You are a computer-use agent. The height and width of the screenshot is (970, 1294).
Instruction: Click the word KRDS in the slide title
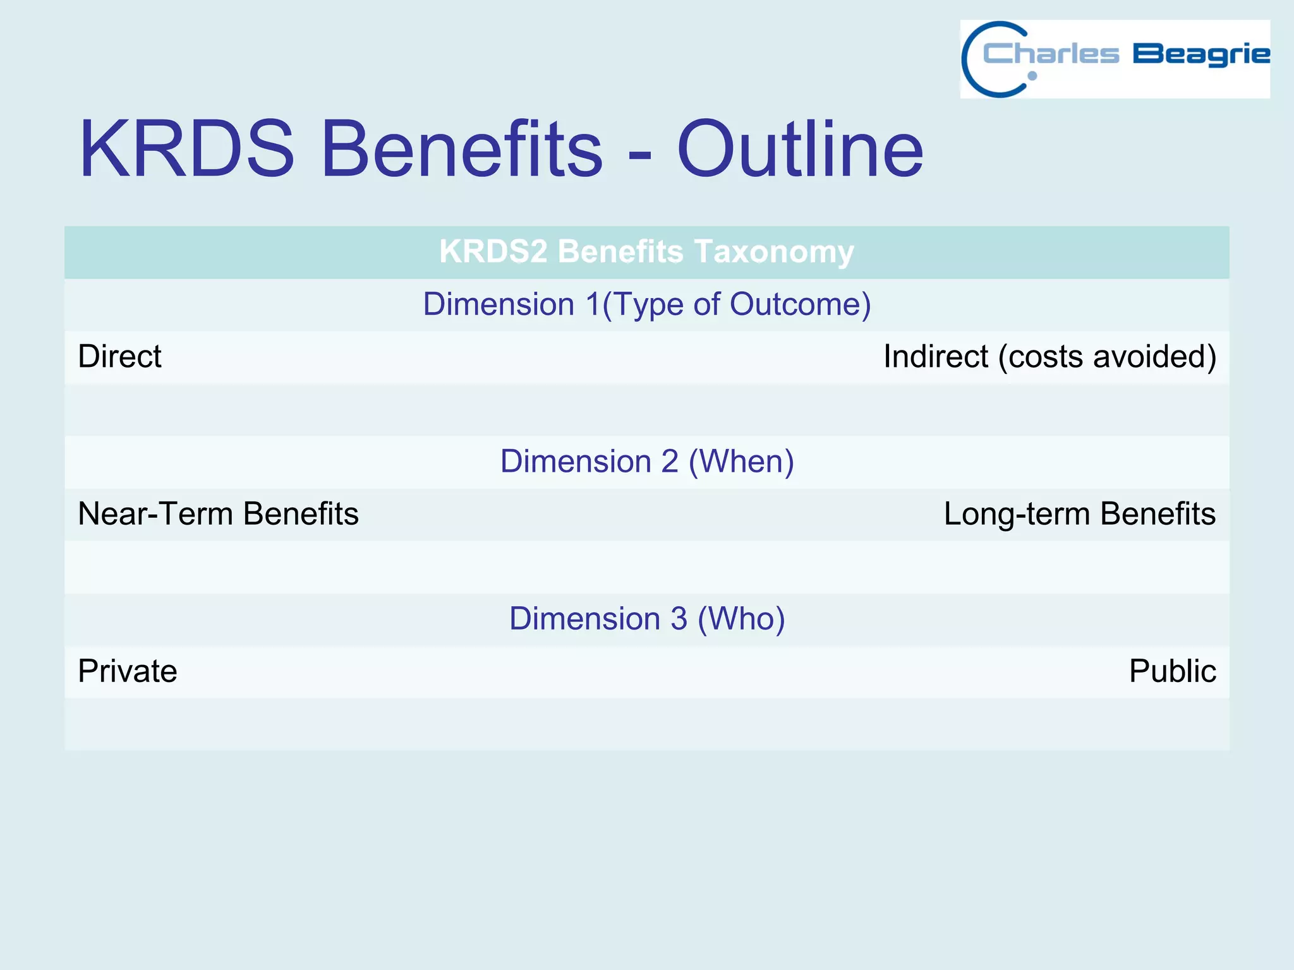(x=186, y=150)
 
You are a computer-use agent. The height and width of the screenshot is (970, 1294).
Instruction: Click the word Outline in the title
(x=800, y=150)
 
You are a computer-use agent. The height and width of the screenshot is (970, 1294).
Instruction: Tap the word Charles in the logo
(x=1051, y=54)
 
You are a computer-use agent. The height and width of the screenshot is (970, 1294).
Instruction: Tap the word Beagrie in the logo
(x=1200, y=55)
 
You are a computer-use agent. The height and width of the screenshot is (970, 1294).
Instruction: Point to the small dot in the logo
(x=1032, y=76)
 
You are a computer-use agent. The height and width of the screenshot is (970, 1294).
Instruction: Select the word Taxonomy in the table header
(x=774, y=251)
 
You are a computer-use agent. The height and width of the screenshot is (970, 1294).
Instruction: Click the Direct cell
(x=119, y=356)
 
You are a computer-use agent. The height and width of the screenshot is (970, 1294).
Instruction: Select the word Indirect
(x=935, y=356)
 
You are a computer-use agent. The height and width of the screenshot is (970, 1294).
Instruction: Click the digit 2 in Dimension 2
(x=669, y=461)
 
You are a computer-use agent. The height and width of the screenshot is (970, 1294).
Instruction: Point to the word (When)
(x=741, y=462)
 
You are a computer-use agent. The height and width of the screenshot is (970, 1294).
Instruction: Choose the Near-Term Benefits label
(x=218, y=513)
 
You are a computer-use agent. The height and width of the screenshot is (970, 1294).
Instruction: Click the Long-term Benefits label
(x=1079, y=513)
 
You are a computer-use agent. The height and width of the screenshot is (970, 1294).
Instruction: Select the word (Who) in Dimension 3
(x=741, y=618)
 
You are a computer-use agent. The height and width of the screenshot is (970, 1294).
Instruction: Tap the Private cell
(x=127, y=671)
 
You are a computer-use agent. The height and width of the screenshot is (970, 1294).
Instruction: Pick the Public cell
(x=1172, y=671)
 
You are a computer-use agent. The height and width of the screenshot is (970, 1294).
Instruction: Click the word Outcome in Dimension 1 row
(x=800, y=304)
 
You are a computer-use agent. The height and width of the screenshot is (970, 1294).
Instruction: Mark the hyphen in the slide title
(x=639, y=155)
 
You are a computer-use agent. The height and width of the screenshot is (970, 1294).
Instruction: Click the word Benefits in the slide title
(x=462, y=150)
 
